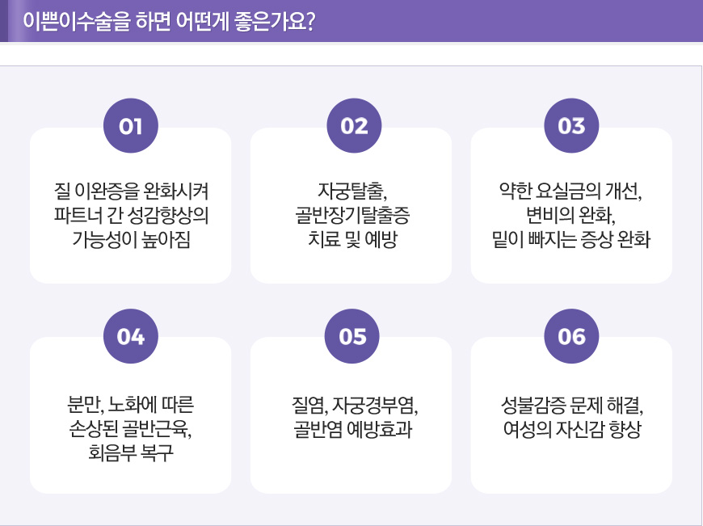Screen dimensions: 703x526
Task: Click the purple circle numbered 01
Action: point(130,125)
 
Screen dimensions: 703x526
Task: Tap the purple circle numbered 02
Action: point(354,125)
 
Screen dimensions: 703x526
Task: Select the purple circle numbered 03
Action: point(571,125)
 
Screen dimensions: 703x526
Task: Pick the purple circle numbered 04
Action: point(130,336)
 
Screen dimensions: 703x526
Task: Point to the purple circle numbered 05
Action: point(352,336)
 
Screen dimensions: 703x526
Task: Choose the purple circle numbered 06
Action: point(571,336)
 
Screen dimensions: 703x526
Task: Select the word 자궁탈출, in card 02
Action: point(352,191)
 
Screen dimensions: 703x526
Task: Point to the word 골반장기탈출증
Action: point(352,215)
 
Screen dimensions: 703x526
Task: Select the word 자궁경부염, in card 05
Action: point(375,405)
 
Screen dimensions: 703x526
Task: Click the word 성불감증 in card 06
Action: point(533,405)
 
